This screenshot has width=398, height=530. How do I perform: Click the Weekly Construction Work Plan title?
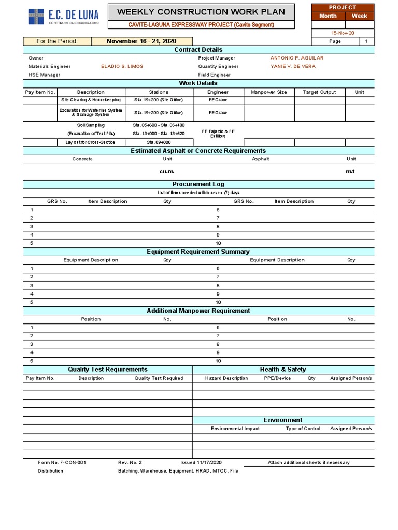click(x=201, y=12)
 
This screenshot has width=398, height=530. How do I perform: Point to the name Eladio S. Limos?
click(x=122, y=66)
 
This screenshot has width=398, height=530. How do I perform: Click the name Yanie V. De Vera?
click(x=293, y=66)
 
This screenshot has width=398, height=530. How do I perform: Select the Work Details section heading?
click(x=198, y=83)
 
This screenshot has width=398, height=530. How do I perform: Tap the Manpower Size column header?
click(x=268, y=92)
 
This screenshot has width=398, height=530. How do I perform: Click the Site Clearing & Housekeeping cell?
click(x=91, y=100)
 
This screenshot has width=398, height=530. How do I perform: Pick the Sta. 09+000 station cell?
click(x=159, y=142)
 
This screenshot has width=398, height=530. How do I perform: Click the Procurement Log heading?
click(x=198, y=184)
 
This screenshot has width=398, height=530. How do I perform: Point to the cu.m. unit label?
click(x=167, y=171)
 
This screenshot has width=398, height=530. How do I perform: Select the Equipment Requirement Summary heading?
click(x=198, y=252)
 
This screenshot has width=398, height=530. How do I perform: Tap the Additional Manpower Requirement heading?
click(x=198, y=311)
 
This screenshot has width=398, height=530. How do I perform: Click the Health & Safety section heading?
click(x=283, y=370)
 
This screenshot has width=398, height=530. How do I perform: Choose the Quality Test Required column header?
click(x=159, y=378)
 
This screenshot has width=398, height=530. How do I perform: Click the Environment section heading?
click(x=283, y=420)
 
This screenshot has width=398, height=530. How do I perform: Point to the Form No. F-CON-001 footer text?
click(x=62, y=462)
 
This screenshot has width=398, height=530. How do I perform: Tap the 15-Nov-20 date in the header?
click(x=342, y=33)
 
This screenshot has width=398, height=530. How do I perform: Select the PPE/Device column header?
click(x=277, y=378)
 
